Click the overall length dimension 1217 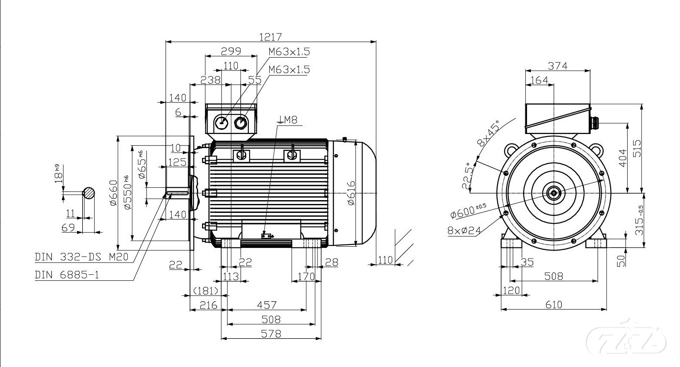(x=271, y=37)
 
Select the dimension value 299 (x=231, y=51)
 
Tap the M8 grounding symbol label (x=288, y=120)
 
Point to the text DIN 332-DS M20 (x=81, y=257)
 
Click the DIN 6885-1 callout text (x=67, y=274)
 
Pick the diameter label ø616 (x=351, y=193)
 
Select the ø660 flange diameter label (x=113, y=193)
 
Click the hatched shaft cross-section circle (x=89, y=193)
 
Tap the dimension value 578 (x=271, y=333)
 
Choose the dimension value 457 (x=267, y=305)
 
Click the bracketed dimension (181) (x=206, y=291)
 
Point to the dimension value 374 (x=558, y=66)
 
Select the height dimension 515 (x=637, y=148)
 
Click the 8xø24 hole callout (x=464, y=231)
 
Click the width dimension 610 (x=553, y=305)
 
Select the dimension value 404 (x=622, y=158)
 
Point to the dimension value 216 (x=208, y=305)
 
